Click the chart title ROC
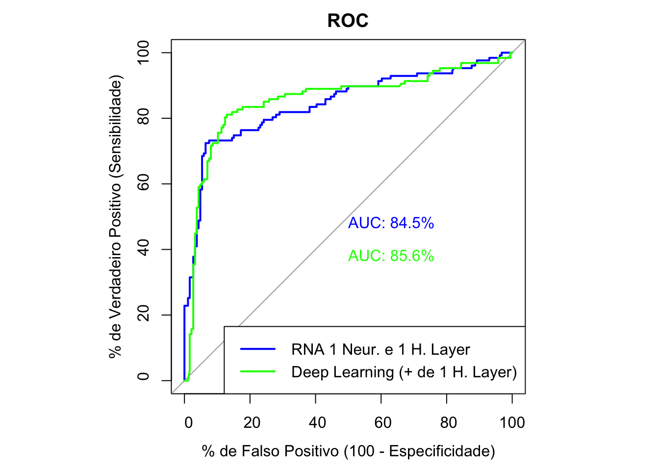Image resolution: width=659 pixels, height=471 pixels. pos(348,21)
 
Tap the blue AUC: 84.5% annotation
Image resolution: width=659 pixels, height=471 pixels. pos(391,223)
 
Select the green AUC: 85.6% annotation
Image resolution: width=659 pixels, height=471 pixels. pos(391,256)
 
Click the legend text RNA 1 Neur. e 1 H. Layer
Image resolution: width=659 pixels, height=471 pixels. pos(380,349)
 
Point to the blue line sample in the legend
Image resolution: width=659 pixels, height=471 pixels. pos(258,349)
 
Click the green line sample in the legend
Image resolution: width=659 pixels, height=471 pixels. pos(258,371)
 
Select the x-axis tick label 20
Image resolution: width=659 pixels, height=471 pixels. pos(252,422)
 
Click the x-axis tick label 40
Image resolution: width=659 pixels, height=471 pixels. pos(317,422)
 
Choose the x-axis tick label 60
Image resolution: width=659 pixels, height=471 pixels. pos(383,422)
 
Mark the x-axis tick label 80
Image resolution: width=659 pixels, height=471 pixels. pos(448,422)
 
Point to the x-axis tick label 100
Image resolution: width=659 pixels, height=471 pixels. pos(512,422)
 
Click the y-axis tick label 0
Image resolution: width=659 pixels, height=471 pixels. pos(143,377)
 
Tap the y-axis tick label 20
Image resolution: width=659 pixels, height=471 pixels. pos(143,314)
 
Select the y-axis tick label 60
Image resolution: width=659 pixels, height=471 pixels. pos(143,183)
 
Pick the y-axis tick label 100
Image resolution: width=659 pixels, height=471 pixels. pos(143,52)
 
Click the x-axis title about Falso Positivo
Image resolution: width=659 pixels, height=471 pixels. pos(348,451)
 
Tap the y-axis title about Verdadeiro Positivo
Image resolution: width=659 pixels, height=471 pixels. pos(116,216)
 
